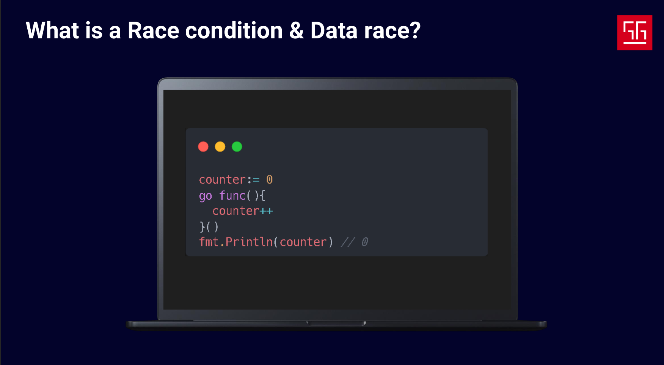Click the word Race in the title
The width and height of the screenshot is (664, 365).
[153, 30]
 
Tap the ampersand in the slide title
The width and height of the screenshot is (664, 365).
[297, 30]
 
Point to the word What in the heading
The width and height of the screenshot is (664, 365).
[52, 30]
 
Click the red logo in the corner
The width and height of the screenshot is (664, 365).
[635, 33]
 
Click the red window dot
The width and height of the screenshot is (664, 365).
[203, 147]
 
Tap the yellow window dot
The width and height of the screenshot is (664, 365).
[220, 147]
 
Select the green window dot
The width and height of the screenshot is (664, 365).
[237, 147]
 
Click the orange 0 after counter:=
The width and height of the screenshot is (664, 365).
[269, 179]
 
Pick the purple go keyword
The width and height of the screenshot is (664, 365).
[206, 196]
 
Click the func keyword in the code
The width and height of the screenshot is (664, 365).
[232, 195]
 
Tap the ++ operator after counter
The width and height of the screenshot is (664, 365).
[266, 211]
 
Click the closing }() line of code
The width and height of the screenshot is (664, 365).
[209, 227]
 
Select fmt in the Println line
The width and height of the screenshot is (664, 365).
[209, 242]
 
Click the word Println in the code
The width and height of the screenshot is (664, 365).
[249, 242]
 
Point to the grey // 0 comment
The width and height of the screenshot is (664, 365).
[355, 242]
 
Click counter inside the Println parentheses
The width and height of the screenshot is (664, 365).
[303, 242]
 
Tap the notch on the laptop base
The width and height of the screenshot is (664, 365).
[336, 324]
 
